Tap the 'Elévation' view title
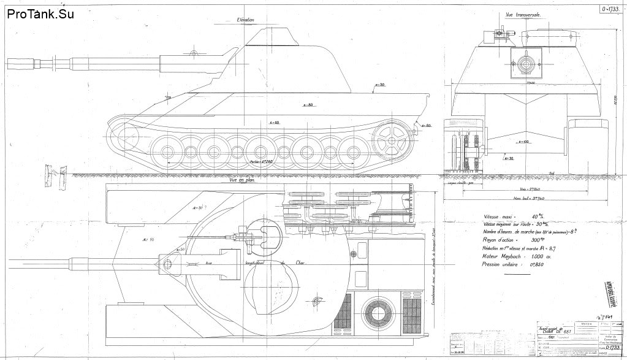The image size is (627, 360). [246, 20]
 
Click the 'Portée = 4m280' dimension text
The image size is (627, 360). [262, 162]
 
